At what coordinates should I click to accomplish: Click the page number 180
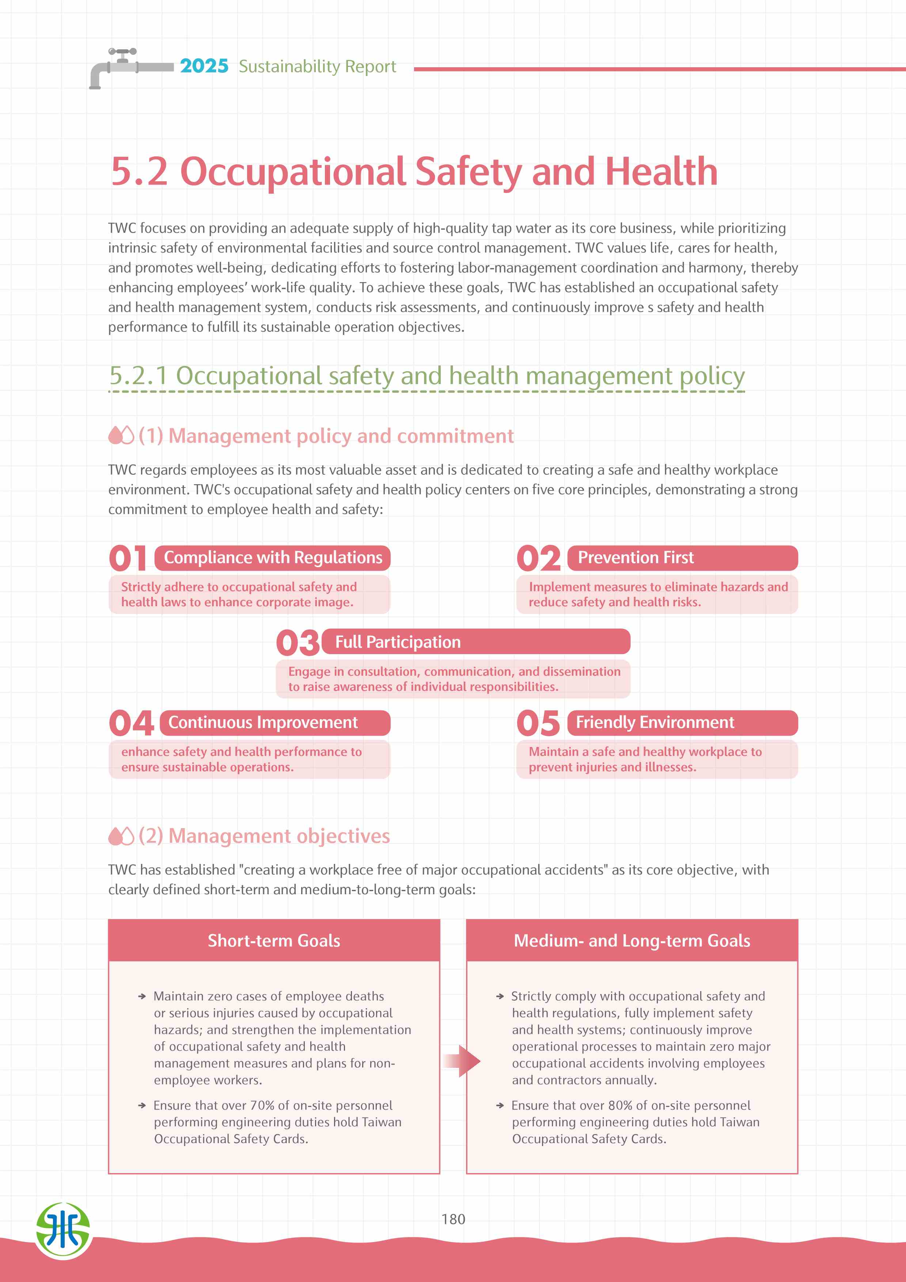pos(453,1219)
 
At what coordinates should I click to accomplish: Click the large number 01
pos(128,558)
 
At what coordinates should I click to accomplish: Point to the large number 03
pos(297,643)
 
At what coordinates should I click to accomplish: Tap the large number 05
pos(538,723)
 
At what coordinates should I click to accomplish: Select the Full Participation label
pos(398,642)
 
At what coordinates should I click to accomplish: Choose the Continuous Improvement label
pos(263,722)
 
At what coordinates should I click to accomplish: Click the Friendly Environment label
pos(655,722)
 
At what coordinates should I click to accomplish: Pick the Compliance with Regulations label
pos(273,557)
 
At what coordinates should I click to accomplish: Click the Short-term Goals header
pos(274,941)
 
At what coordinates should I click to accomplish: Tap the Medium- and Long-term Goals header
pos(632,941)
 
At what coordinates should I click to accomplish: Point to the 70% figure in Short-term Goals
pos(262,1105)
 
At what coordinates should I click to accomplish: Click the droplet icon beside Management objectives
pos(121,836)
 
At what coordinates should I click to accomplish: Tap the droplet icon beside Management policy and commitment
pos(121,436)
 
